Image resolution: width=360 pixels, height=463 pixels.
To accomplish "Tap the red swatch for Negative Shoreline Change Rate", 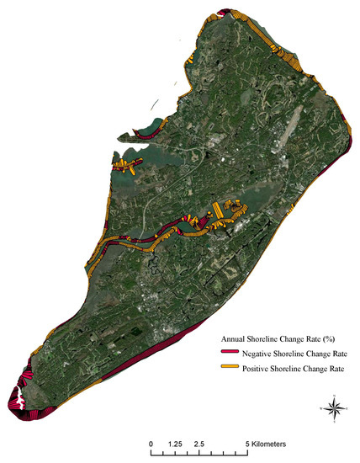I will tap(228, 351).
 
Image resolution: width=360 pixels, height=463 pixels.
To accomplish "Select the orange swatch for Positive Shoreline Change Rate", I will tap(228, 369).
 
